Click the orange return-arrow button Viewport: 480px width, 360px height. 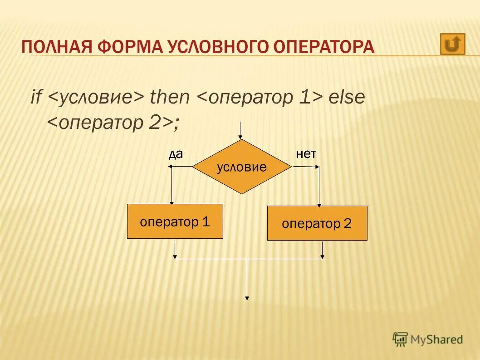click(452, 44)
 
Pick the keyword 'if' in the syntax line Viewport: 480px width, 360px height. click(36, 97)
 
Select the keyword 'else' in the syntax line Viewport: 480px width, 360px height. click(347, 97)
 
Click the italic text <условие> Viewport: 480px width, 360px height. click(96, 97)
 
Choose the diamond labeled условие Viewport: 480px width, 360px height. click(241, 167)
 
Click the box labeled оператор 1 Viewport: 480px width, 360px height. click(175, 222)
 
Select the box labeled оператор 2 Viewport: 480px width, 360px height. click(317, 223)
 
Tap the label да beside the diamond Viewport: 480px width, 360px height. click(176, 154)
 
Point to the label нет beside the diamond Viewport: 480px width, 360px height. click(306, 154)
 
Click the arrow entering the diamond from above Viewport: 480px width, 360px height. click(241, 132)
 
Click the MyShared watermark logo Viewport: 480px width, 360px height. click(428, 339)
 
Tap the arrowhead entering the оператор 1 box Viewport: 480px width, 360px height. click(172, 202)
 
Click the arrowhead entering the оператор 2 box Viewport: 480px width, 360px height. click(319, 204)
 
